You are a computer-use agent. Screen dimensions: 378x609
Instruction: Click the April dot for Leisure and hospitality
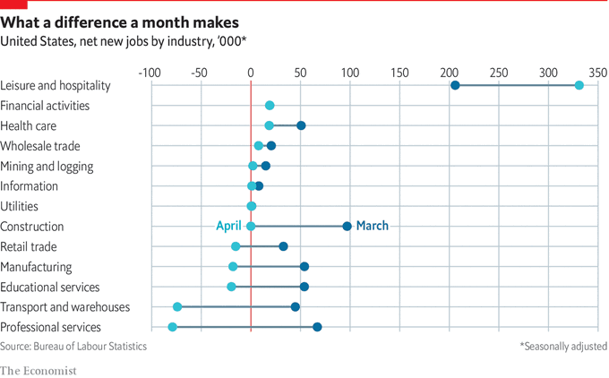pyautogui.click(x=579, y=85)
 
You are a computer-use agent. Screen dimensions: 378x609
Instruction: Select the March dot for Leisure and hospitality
pyautogui.click(x=455, y=85)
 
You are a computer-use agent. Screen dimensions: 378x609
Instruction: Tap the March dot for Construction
pyautogui.click(x=347, y=227)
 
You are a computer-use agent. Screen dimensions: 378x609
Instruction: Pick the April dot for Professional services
pyautogui.click(x=173, y=327)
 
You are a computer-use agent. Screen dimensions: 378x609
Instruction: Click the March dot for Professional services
pyautogui.click(x=317, y=327)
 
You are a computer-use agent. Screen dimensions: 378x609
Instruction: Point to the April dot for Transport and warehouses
pyautogui.click(x=177, y=307)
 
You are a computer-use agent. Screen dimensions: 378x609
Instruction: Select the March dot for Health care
pyautogui.click(x=301, y=125)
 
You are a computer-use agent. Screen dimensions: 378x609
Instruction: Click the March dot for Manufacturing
pyautogui.click(x=304, y=267)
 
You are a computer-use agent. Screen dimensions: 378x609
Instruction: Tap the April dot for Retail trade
pyautogui.click(x=236, y=246)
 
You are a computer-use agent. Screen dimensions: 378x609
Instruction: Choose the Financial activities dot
pyautogui.click(x=270, y=106)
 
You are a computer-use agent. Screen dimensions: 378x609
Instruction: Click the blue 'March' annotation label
pyautogui.click(x=373, y=226)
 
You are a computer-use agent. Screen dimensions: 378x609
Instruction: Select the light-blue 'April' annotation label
pyautogui.click(x=229, y=226)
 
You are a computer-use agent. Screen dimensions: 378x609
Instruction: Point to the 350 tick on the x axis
pyautogui.click(x=597, y=72)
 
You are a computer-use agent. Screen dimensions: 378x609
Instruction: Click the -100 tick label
pyautogui.click(x=150, y=72)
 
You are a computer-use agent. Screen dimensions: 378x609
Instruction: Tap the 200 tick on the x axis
pyautogui.click(x=449, y=72)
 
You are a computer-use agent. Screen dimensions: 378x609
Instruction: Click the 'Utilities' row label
pyautogui.click(x=19, y=206)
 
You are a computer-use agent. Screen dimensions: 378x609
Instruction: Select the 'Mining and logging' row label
pyautogui.click(x=47, y=166)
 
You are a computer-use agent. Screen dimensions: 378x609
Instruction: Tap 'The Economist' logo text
pyautogui.click(x=39, y=370)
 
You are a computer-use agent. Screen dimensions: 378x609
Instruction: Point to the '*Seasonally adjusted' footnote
pyautogui.click(x=563, y=346)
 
